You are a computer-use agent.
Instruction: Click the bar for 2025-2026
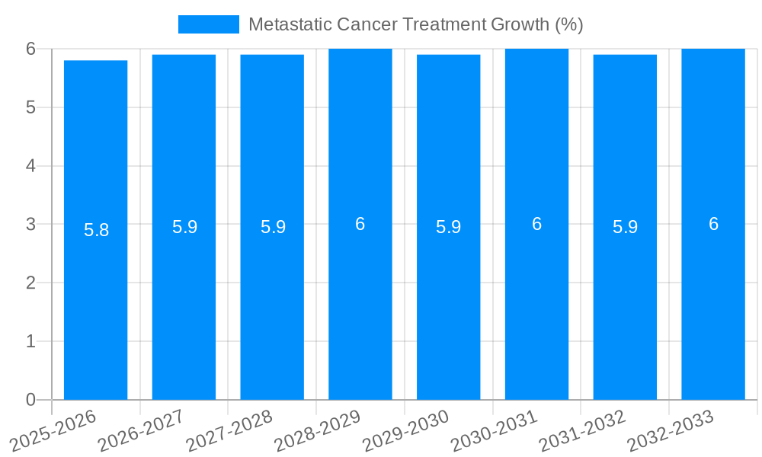[95, 305]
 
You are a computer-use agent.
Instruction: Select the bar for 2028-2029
[360, 305]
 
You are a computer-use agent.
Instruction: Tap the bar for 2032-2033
[713, 305]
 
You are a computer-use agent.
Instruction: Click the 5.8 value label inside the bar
[97, 230]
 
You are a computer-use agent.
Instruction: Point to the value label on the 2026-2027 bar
[184, 227]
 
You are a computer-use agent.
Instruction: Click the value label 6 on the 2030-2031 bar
[536, 224]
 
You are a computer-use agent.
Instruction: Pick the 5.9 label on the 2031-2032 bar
[625, 227]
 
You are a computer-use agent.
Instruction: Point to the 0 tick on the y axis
[30, 400]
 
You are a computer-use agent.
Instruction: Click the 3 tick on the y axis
[30, 225]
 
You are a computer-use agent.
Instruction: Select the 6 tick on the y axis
[30, 49]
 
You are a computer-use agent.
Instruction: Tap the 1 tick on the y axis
[30, 341]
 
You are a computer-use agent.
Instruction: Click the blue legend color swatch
[208, 24]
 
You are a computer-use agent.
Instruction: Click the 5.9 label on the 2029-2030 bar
[448, 227]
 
